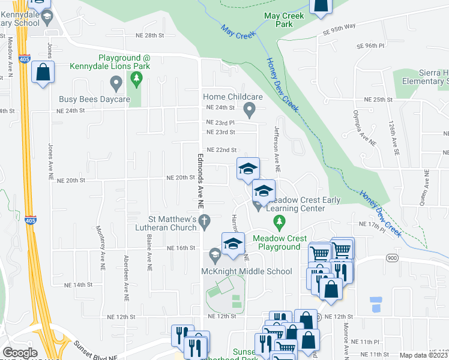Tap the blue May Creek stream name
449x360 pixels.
click(x=238, y=32)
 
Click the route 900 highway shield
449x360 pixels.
click(x=392, y=257)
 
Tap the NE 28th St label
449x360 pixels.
click(x=150, y=36)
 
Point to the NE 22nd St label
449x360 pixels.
click(x=222, y=150)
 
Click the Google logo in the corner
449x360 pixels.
click(x=20, y=353)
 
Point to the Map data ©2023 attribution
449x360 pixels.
click(x=424, y=355)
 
